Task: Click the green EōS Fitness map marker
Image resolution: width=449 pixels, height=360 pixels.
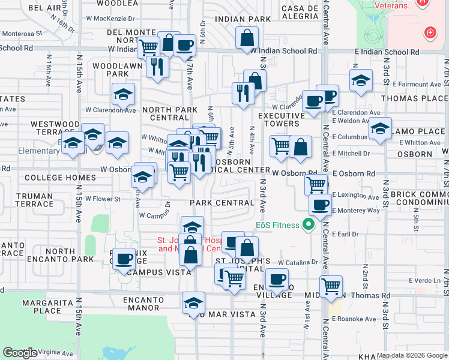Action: [x=309, y=226]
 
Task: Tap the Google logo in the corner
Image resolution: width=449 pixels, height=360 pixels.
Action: [x=20, y=353]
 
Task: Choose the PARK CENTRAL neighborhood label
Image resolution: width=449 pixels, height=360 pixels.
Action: [x=222, y=203]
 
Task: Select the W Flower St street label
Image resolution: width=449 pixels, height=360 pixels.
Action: [x=103, y=199]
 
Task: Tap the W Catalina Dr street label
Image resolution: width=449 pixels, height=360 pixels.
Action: [x=298, y=262]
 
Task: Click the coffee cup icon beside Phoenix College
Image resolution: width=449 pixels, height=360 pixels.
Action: [x=124, y=259]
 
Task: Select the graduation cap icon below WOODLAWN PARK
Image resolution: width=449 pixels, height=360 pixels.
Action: [x=123, y=94]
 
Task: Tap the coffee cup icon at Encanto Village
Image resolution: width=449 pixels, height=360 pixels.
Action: [x=277, y=279]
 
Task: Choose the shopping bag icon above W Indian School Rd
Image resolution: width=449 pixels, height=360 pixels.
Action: [x=247, y=38]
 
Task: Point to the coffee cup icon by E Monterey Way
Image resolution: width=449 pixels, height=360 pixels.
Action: [x=320, y=205]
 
